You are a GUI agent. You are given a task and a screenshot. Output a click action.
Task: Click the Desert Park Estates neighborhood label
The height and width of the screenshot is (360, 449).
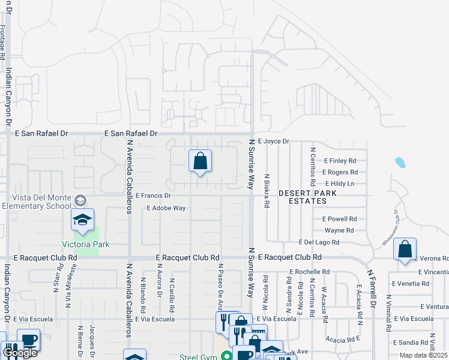coord(307,197)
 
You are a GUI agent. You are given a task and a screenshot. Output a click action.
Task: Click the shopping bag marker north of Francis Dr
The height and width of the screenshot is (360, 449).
coord(200,161)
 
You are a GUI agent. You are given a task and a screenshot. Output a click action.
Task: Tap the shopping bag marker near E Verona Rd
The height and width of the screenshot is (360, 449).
coord(405,249)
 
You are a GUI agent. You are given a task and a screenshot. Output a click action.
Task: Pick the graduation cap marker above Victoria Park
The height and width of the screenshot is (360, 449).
coord(83,220)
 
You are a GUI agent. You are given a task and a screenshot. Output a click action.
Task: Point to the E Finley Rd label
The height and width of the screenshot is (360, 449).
coord(340,161)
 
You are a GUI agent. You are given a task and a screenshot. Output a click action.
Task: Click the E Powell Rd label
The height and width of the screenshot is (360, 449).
coord(340,219)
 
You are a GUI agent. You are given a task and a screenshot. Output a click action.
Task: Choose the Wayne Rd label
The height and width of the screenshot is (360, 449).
coord(339,230)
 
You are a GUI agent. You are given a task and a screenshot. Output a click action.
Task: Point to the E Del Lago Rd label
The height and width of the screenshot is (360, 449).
coord(319,242)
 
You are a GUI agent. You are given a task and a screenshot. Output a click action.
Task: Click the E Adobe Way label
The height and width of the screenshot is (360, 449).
coord(166,208)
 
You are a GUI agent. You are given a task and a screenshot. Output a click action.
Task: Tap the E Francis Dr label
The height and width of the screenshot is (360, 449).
coord(154,196)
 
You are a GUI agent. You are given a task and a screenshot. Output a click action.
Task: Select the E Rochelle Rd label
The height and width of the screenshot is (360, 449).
coord(310,271)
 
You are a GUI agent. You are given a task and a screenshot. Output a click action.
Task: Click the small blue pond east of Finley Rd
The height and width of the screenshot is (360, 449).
coord(400,162)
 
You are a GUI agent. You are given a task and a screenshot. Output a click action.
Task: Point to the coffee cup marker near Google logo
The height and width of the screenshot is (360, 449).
coord(28,340)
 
